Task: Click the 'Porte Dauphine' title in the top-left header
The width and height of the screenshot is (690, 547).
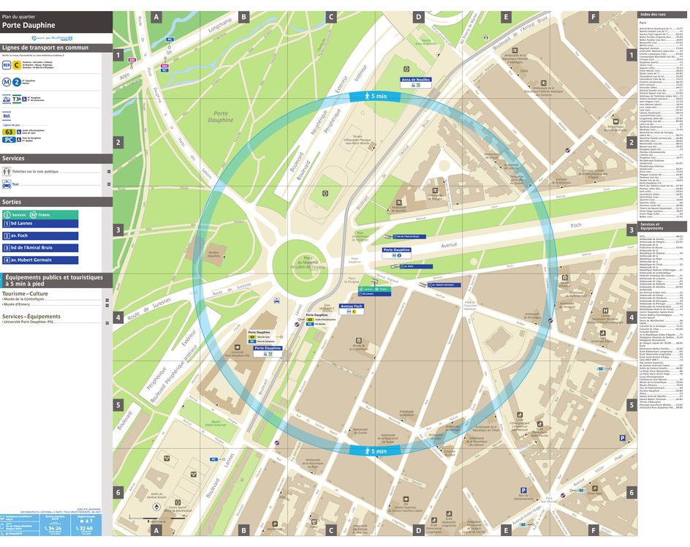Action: (x=29, y=25)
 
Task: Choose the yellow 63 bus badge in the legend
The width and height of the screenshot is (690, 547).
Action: (x=9, y=132)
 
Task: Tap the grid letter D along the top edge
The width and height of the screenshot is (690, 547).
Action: (x=418, y=17)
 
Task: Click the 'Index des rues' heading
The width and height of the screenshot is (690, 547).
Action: (x=652, y=15)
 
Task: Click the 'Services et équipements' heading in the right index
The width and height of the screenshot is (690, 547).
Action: (x=651, y=227)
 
